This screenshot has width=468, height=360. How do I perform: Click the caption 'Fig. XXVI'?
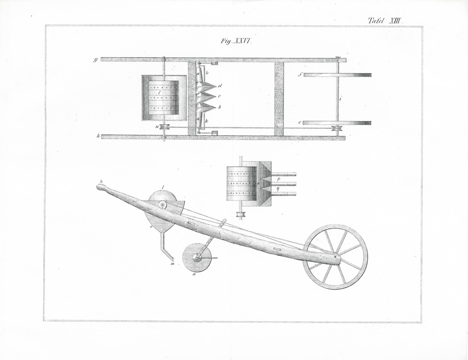237,41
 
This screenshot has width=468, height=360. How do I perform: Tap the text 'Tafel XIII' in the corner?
386,21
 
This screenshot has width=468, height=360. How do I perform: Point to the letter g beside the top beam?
96,60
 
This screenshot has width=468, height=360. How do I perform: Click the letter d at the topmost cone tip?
220,86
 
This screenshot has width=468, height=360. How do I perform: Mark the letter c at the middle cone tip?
219,96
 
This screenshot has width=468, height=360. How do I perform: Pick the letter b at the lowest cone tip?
219,106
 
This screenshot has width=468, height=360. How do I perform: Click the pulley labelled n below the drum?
164,127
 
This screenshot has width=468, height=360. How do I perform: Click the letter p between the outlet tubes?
278,179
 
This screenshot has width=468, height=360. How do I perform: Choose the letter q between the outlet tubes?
278,188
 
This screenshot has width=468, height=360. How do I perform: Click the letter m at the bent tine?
172,264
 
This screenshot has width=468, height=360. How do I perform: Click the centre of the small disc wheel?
197,258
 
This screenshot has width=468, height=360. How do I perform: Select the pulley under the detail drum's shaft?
240,214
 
